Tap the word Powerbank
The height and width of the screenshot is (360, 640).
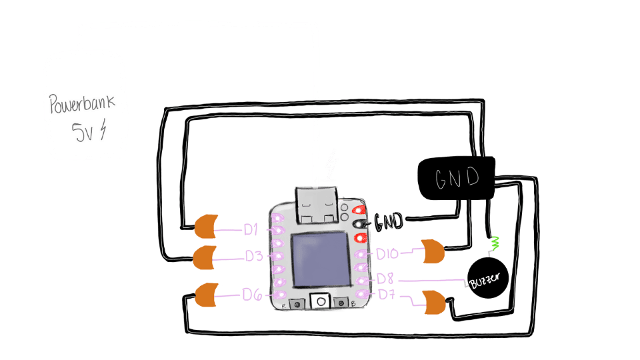pos(82,103)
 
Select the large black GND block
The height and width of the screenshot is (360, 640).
pos(456,178)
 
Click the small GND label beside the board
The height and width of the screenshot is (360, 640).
pos(389,221)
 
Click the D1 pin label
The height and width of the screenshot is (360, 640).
pos(251,230)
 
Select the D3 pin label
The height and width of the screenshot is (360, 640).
pos(253,256)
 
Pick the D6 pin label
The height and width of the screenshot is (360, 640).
pos(251,293)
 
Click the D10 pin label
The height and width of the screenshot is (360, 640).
pos(387,254)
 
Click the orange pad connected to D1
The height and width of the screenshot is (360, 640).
pos(207,227)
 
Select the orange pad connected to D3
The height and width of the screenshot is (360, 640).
pos(204,257)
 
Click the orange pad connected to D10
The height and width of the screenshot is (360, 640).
pos(433,251)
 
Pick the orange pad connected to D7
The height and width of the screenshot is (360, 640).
pos(434,302)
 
